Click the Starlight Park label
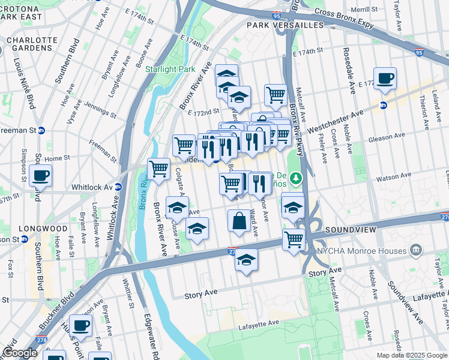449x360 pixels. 170,69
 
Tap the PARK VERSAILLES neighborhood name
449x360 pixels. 277,25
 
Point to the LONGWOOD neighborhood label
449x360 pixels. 43,229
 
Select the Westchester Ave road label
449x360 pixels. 336,121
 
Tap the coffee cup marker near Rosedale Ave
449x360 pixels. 385,78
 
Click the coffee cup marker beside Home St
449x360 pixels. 40,175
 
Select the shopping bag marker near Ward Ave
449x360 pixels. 239,221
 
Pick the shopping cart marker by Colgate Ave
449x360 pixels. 158,169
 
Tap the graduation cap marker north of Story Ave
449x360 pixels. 246,260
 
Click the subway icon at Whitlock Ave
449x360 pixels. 118,187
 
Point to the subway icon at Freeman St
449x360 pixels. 41,130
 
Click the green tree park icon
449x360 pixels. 295,178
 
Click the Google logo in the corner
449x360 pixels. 19,353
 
